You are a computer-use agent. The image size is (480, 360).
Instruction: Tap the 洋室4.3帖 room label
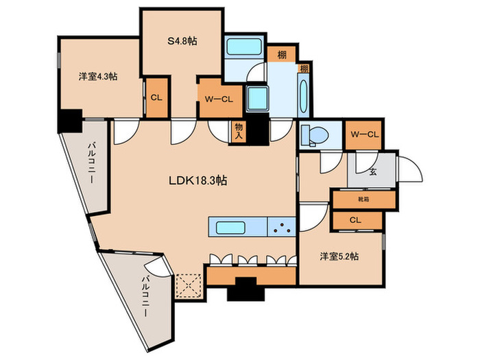click(97, 77)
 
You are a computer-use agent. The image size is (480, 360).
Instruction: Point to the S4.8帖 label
click(182, 41)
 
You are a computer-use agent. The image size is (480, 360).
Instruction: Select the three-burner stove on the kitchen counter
click(280, 228)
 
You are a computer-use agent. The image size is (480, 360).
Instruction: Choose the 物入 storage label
click(239, 131)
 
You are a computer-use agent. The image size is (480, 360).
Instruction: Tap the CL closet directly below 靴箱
click(355, 221)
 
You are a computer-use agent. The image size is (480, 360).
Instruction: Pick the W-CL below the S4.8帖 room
click(218, 97)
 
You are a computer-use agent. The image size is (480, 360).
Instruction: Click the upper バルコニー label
click(91, 168)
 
